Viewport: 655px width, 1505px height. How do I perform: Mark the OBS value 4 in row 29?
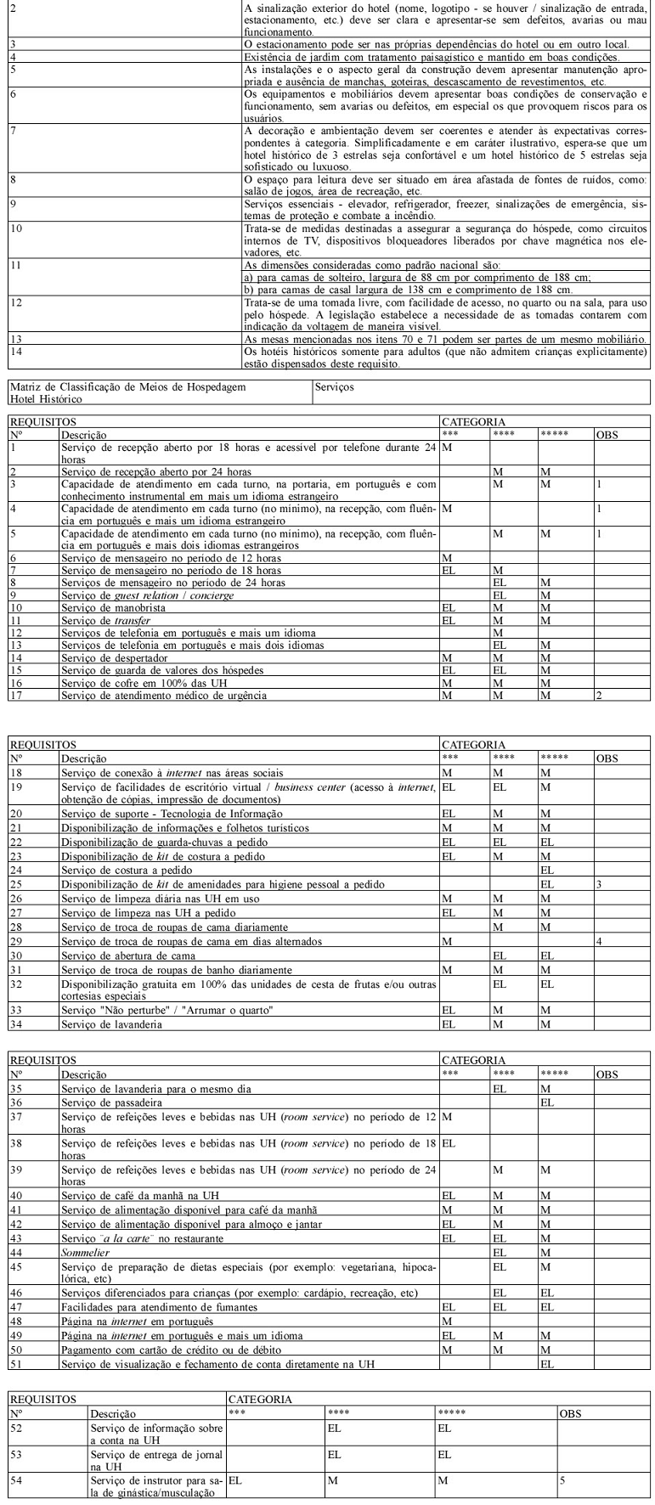pos(599,942)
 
